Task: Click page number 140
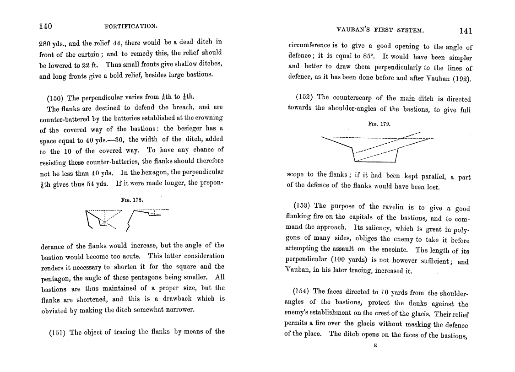click(x=46, y=26)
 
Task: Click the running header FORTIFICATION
click(x=131, y=27)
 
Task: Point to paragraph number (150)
click(x=56, y=97)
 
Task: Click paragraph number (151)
click(x=58, y=332)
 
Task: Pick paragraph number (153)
click(x=303, y=206)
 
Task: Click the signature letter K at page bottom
click(x=375, y=346)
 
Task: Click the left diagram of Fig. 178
click(x=104, y=219)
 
